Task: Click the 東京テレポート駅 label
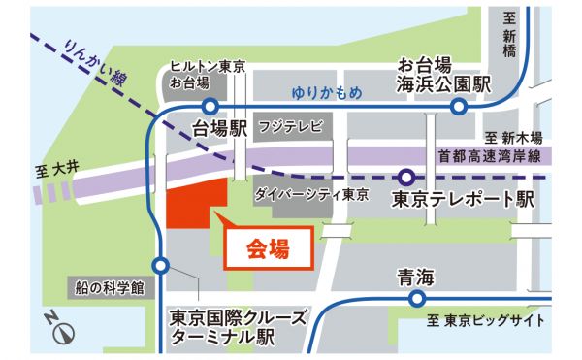(464, 201)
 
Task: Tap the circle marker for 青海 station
(417, 300)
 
